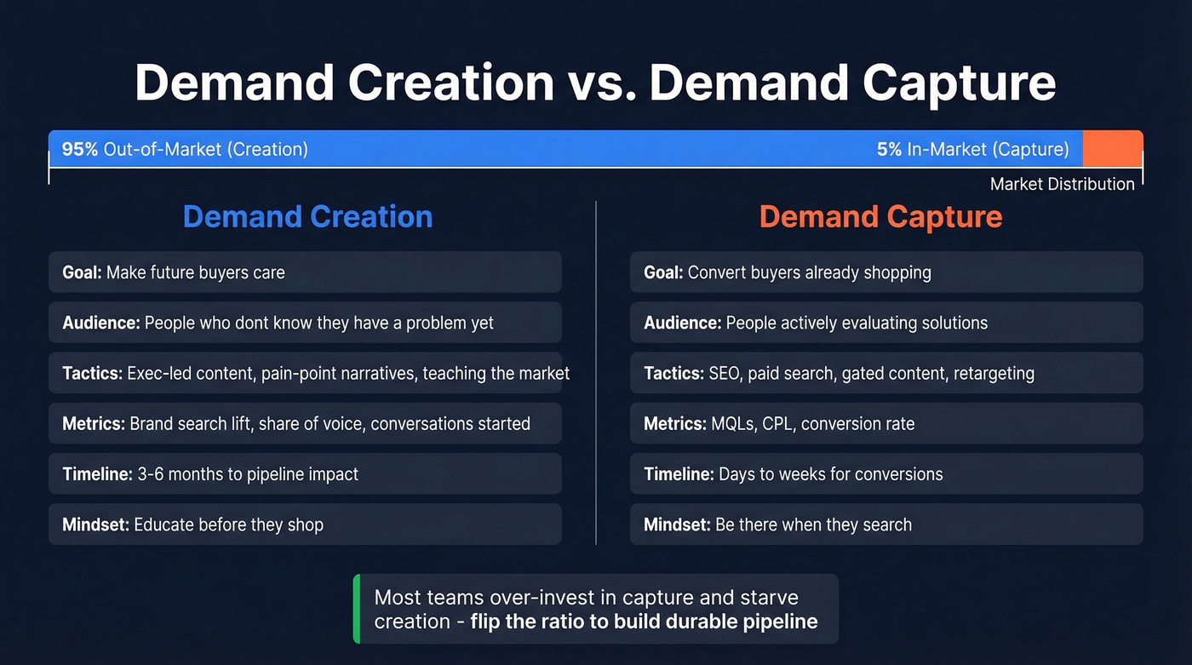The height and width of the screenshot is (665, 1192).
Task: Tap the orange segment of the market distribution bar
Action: point(1112,148)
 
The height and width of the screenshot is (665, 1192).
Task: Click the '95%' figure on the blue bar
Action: point(80,150)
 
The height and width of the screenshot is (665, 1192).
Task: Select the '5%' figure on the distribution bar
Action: point(889,150)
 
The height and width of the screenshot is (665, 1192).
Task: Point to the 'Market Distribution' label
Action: point(1062,184)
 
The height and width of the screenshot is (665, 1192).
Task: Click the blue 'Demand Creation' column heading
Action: point(307,216)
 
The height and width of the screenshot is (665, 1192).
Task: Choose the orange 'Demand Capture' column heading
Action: point(880,216)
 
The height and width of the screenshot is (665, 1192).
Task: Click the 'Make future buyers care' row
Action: point(305,272)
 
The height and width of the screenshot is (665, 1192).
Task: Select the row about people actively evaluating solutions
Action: point(886,323)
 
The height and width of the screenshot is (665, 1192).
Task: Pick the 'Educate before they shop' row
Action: point(305,525)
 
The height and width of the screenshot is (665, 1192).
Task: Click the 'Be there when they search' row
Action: point(886,525)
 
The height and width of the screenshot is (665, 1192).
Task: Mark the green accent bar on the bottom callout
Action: point(357,609)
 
